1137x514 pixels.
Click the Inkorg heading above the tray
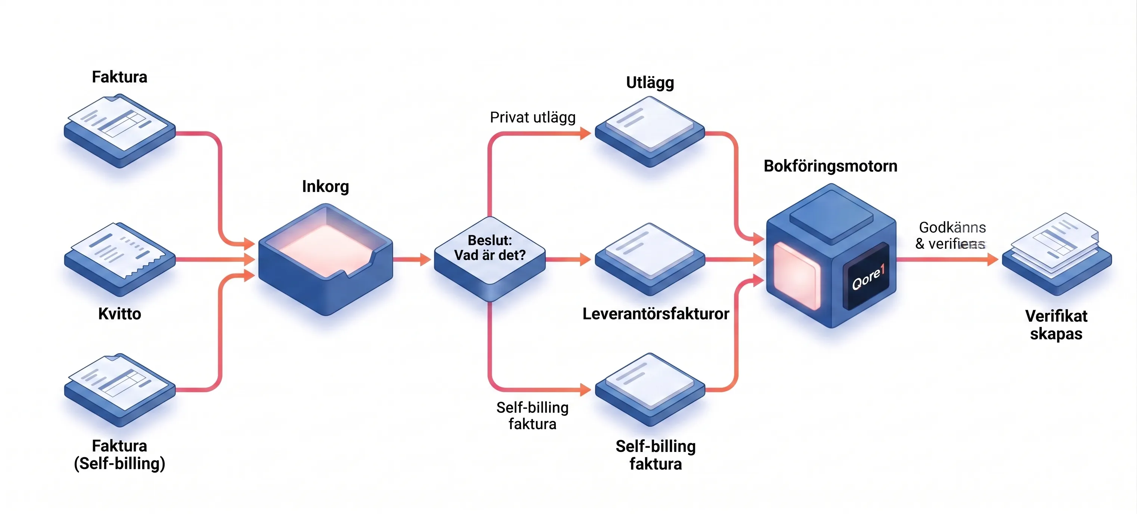point(325,187)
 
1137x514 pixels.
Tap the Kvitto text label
point(120,314)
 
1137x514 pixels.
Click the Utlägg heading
point(650,83)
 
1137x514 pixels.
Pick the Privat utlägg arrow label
point(532,117)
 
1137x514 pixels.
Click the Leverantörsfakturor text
point(656,314)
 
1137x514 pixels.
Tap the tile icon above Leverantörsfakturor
point(650,259)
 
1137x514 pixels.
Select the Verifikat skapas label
point(1056,325)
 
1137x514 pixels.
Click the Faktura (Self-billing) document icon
point(119,389)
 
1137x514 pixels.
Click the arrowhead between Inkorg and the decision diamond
point(425,259)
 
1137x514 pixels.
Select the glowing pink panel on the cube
point(797,275)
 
